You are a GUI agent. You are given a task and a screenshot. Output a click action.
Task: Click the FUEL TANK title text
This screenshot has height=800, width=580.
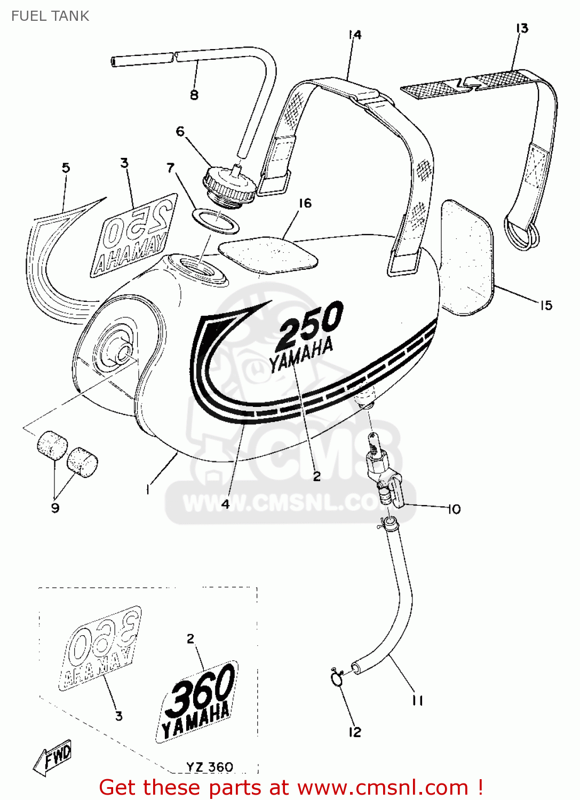(x=50, y=16)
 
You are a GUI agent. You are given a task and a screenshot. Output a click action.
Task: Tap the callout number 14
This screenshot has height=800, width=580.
(x=355, y=35)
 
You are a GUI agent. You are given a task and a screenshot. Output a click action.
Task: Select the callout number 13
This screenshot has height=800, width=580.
(x=522, y=28)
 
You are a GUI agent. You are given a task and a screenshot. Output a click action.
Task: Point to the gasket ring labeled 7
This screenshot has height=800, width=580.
(x=216, y=221)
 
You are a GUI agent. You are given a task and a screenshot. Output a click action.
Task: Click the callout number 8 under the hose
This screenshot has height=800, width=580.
(x=194, y=95)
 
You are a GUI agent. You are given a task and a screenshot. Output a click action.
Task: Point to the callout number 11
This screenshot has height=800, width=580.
(x=417, y=700)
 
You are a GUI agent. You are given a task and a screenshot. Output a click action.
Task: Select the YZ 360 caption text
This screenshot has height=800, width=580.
(x=209, y=767)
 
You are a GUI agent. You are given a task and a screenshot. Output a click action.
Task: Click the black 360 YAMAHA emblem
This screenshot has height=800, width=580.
(x=198, y=702)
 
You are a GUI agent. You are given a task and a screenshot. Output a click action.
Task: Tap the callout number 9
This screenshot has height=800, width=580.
(x=55, y=508)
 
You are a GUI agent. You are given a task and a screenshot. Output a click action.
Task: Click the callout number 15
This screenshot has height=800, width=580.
(x=546, y=306)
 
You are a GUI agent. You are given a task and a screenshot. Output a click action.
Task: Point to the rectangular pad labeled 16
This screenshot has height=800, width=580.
(x=268, y=254)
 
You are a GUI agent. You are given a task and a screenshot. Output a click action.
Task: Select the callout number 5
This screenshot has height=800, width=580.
(x=66, y=168)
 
